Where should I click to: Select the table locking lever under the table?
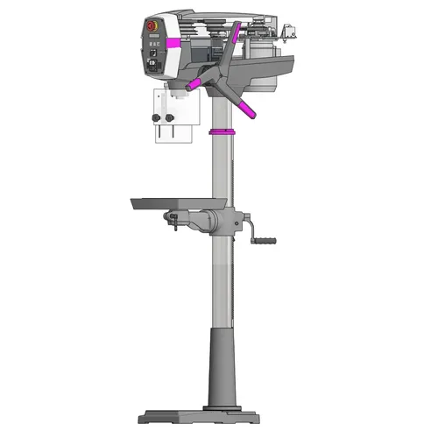coord(174,225)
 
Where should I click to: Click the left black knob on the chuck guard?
coord(157,117)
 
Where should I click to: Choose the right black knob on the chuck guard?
coord(171,117)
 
